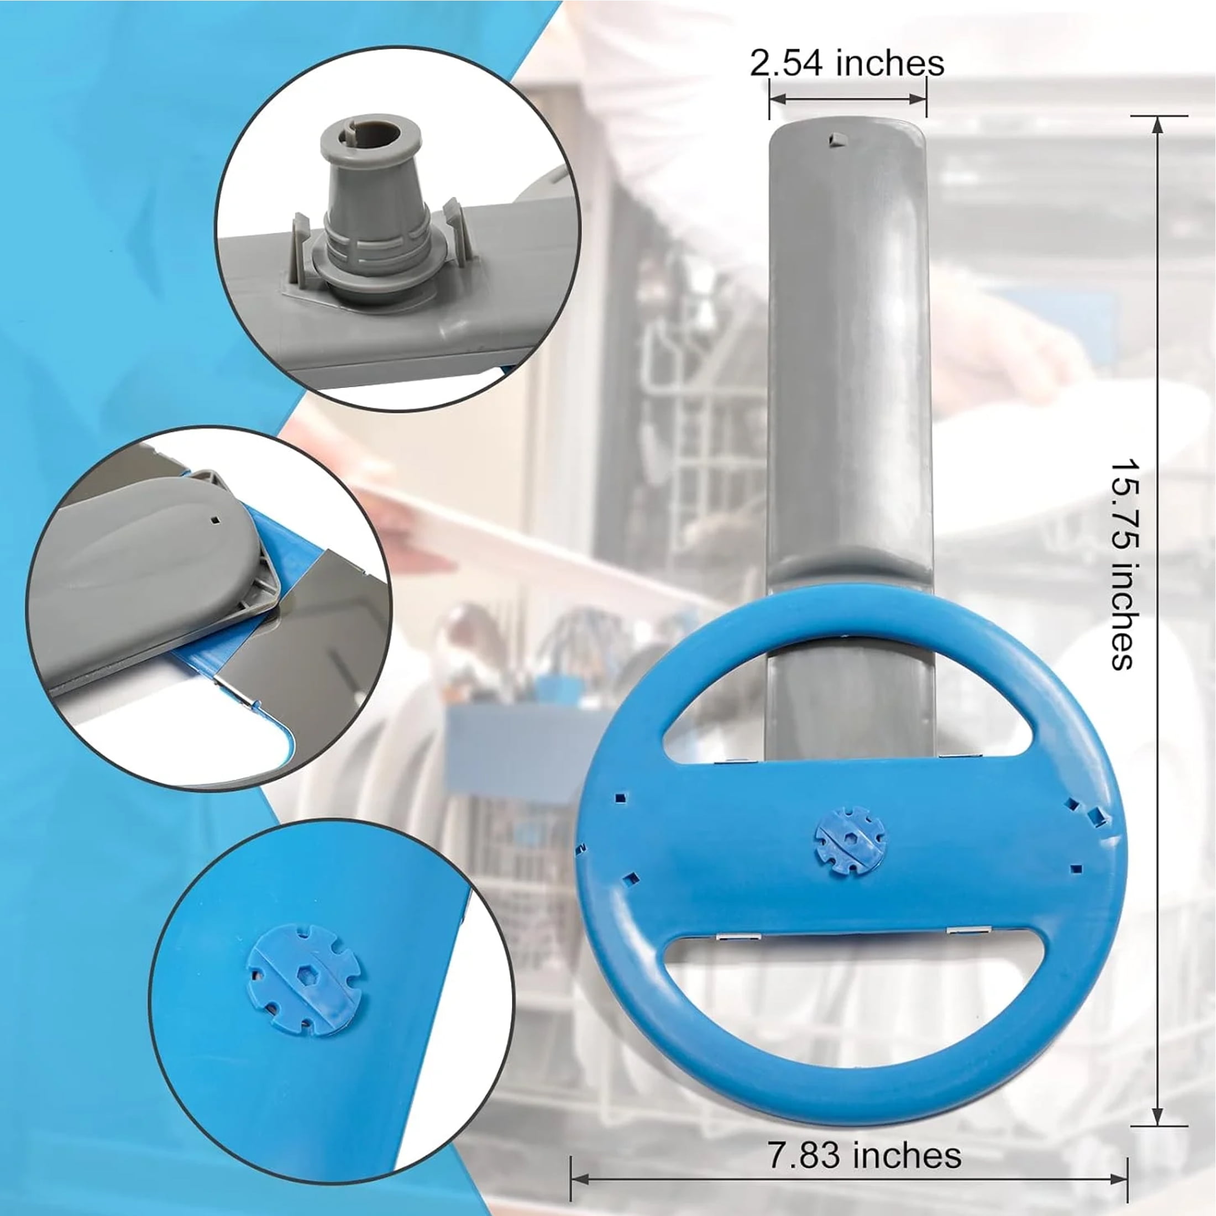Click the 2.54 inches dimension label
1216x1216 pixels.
[847, 64]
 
